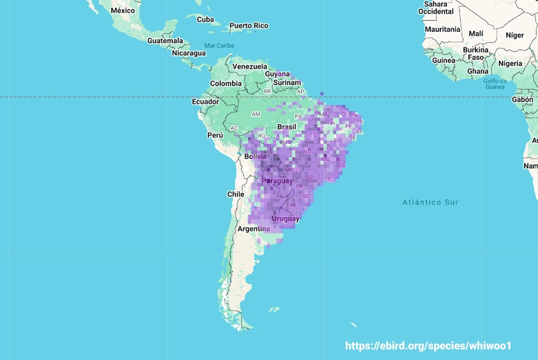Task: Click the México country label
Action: pyautogui.click(x=123, y=10)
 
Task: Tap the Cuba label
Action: pyautogui.click(x=205, y=19)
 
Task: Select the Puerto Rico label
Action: pyautogui.click(x=249, y=25)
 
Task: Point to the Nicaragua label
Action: pyautogui.click(x=189, y=53)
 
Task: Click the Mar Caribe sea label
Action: pyautogui.click(x=219, y=46)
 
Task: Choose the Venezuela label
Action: pyautogui.click(x=250, y=66)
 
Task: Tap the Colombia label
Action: pyautogui.click(x=225, y=83)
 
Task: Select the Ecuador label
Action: pyautogui.click(x=206, y=102)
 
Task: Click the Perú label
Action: pyautogui.click(x=215, y=135)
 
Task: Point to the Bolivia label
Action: pyautogui.click(x=256, y=157)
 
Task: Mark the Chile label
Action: pyautogui.click(x=236, y=194)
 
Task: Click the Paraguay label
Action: pyautogui.click(x=277, y=181)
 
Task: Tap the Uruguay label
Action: pyautogui.click(x=285, y=218)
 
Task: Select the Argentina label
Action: pyautogui.click(x=253, y=229)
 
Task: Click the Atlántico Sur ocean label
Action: pyautogui.click(x=430, y=202)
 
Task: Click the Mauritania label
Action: pyautogui.click(x=442, y=29)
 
